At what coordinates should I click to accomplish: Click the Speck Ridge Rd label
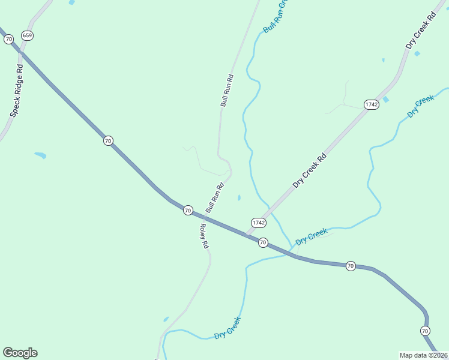pyautogui.click(x=16, y=90)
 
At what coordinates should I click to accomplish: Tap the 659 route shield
pyautogui.click(x=27, y=36)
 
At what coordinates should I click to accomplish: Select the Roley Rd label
pyautogui.click(x=203, y=236)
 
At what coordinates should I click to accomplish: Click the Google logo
pyautogui.click(x=20, y=353)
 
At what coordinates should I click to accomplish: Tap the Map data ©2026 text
pyautogui.click(x=424, y=355)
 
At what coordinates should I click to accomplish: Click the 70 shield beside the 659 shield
pyautogui.click(x=8, y=39)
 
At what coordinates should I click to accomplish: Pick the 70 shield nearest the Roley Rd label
pyautogui.click(x=188, y=210)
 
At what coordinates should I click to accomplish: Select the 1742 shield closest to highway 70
pyautogui.click(x=259, y=223)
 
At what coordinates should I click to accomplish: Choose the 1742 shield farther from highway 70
pyautogui.click(x=372, y=104)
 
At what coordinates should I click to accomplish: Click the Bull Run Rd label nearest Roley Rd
pyautogui.click(x=214, y=197)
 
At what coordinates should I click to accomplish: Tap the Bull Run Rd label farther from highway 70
pyautogui.click(x=226, y=91)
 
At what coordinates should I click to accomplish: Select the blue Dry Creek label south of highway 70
pyautogui.click(x=228, y=328)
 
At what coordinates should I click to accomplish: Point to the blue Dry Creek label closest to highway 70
pyautogui.click(x=312, y=235)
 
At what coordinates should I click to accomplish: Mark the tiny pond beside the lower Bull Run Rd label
pyautogui.click(x=239, y=197)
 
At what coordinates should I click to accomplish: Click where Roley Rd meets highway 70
pyautogui.click(x=200, y=217)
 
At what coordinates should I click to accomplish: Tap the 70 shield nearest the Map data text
pyautogui.click(x=425, y=331)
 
